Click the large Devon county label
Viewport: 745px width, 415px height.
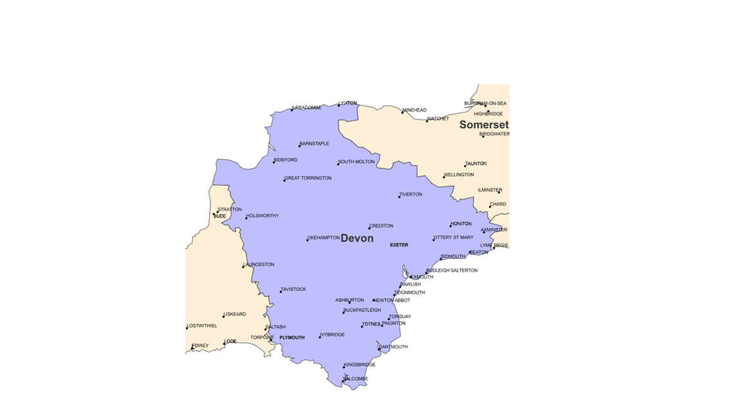point(357,238)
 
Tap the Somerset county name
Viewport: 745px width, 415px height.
point(484,125)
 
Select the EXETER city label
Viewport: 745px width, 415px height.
point(399,245)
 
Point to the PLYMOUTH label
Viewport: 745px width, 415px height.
point(292,337)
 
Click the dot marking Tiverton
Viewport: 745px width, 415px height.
point(399,197)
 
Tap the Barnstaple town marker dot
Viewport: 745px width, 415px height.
point(300,146)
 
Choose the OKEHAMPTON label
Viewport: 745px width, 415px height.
point(324,238)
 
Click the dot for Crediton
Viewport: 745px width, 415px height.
point(369,228)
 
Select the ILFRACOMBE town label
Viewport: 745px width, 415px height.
point(307,108)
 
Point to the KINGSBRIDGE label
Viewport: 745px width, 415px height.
point(360,365)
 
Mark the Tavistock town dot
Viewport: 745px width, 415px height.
point(281,292)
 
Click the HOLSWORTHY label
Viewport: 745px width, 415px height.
point(262,216)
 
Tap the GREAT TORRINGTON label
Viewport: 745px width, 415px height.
point(308,178)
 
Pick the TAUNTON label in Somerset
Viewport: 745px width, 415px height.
point(476,164)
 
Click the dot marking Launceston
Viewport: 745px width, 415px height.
point(243,267)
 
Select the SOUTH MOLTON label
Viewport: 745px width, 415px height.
point(356,162)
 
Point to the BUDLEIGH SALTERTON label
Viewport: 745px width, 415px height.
point(452,270)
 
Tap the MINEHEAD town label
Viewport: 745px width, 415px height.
point(414,110)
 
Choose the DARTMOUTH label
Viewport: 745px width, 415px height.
point(394,347)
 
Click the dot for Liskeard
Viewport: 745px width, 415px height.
point(224,317)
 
